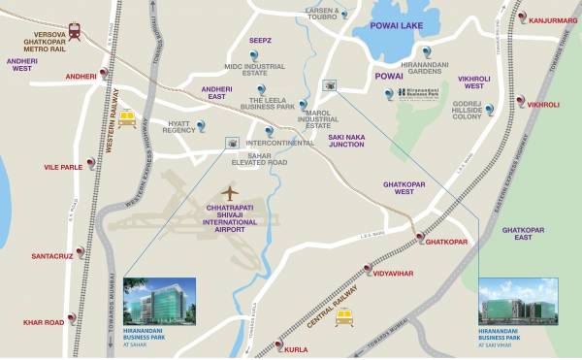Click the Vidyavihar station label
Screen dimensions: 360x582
pyautogui.click(x=394, y=274)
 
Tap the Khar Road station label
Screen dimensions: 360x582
pyautogui.click(x=44, y=322)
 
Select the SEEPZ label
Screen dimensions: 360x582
pyautogui.click(x=260, y=41)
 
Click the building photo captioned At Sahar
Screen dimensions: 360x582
pyautogui.click(x=159, y=302)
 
